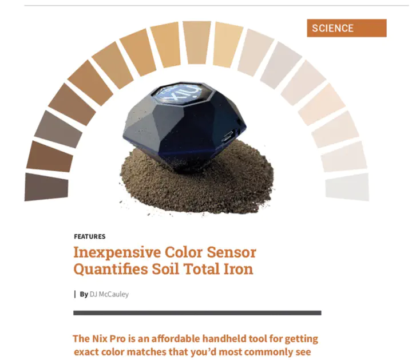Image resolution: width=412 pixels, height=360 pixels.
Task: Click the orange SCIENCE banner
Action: coord(347,28)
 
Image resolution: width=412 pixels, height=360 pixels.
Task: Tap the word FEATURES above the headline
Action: coord(90,236)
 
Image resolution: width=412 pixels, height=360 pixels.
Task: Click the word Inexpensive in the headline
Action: coord(117,252)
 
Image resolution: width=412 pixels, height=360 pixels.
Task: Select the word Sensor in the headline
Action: coord(231,252)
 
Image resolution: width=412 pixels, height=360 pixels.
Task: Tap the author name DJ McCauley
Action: coord(109,294)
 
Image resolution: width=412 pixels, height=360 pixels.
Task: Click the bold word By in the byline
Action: coord(84,294)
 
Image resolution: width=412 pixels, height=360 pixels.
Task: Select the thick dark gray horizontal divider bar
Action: coord(197,312)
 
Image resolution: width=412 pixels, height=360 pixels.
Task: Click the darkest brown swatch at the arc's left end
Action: coord(46,187)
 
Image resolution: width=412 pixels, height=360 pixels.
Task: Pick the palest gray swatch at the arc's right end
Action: coord(347,187)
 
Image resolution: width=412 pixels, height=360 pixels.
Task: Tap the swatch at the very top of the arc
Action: coord(197,42)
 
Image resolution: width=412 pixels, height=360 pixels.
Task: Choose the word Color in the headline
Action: coord(184,252)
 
